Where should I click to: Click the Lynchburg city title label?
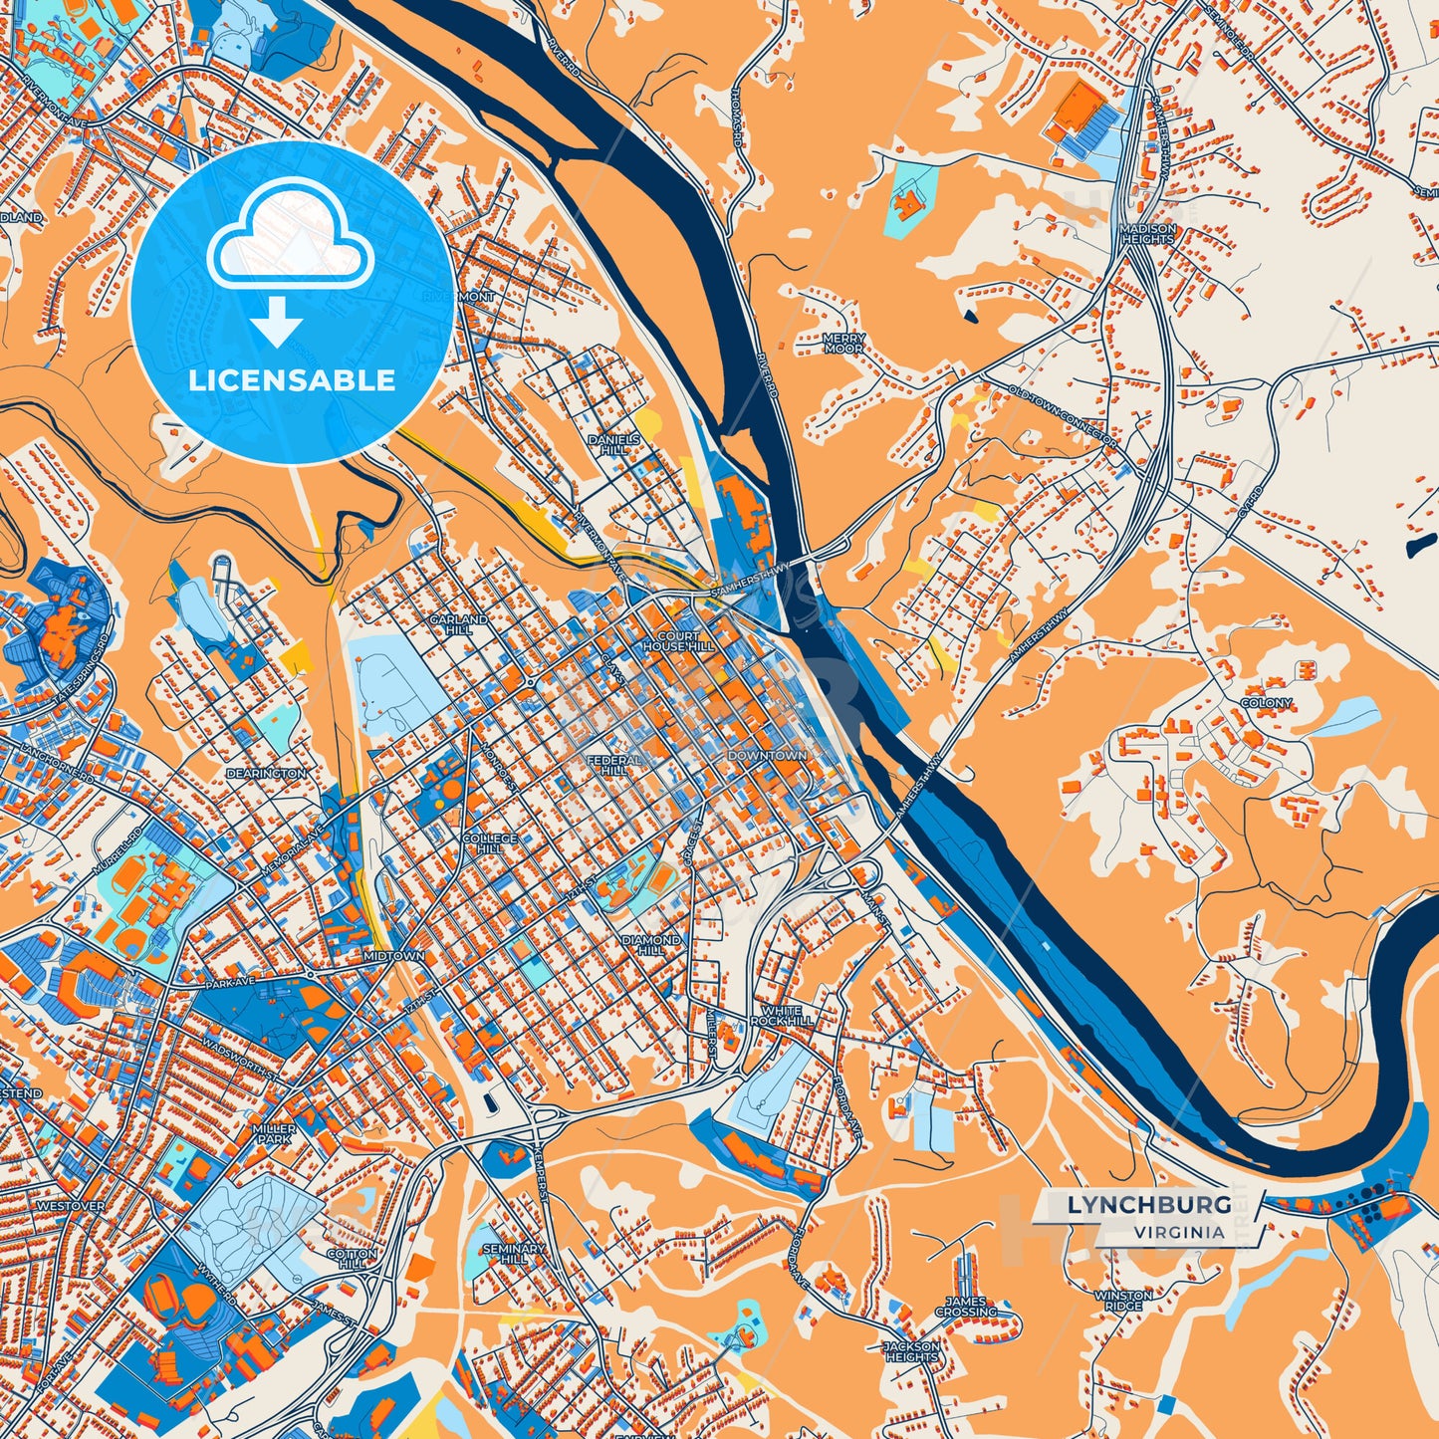click(1148, 1205)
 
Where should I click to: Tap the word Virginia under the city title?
click(1178, 1232)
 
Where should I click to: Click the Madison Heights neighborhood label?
click(1147, 234)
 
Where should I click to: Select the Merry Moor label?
click(842, 344)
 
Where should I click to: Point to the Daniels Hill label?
click(613, 444)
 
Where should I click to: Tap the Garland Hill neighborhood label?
click(458, 624)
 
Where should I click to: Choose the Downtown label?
click(766, 756)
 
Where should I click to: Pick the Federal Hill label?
click(613, 765)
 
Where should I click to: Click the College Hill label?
click(489, 843)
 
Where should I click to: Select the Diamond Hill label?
click(651, 944)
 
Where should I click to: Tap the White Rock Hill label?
click(782, 1015)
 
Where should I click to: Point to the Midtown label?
click(393, 956)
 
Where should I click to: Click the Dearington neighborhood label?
click(266, 773)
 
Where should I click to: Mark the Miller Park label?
click(273, 1133)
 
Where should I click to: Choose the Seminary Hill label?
click(513, 1253)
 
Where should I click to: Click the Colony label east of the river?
click(1266, 703)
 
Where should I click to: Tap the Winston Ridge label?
click(1123, 1301)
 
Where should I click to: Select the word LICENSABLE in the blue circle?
click(292, 380)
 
